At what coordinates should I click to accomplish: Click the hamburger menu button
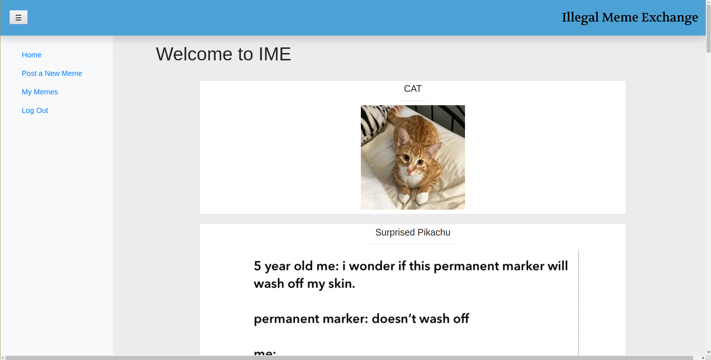point(19,17)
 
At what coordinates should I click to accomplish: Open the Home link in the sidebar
point(31,55)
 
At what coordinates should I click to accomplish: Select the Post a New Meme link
point(52,73)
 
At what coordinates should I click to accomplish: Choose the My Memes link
point(40,92)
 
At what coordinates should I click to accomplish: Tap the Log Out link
point(35,110)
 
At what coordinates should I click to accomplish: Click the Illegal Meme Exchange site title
point(630,17)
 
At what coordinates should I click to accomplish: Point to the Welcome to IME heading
point(223,54)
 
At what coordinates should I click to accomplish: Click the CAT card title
point(413,89)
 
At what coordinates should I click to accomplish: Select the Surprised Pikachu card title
point(413,232)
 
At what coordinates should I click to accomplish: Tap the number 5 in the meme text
point(258,266)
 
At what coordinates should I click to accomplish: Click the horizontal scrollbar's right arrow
point(703,358)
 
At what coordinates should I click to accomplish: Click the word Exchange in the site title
point(670,18)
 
